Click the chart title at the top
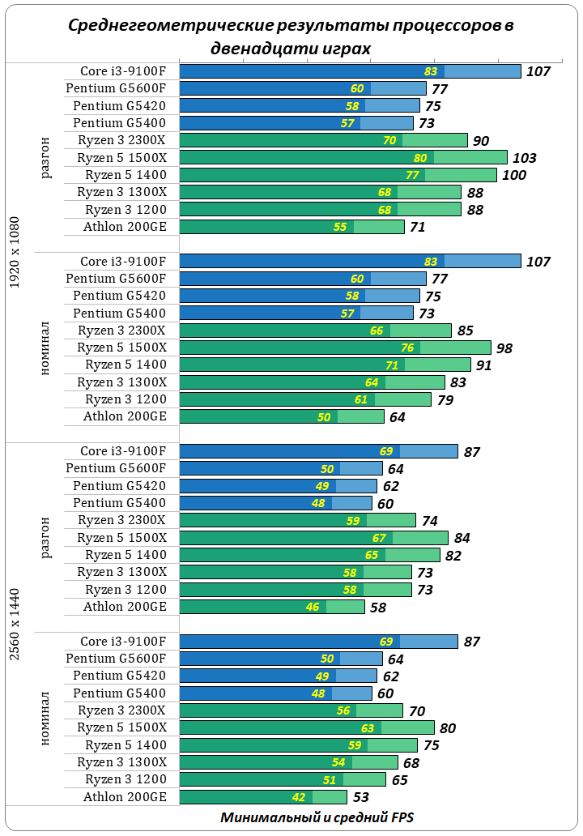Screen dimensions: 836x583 tap(291, 36)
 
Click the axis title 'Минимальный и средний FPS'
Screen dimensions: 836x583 tap(317, 817)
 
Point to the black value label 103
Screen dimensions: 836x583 tap(525, 158)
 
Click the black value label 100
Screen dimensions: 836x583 tap(514, 175)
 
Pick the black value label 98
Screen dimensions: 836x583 tap(505, 348)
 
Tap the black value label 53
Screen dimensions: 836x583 tap(361, 798)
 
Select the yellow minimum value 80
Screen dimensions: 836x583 tap(420, 158)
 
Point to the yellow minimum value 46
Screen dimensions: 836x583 tap(313, 608)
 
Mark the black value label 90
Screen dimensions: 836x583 tap(481, 141)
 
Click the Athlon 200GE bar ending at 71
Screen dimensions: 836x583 tap(291, 227)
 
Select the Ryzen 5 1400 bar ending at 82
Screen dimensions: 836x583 tap(309, 555)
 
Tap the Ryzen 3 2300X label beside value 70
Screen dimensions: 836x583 tap(121, 710)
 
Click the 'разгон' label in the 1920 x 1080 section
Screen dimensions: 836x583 tap(46, 158)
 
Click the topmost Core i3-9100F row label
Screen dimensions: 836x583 tap(123, 71)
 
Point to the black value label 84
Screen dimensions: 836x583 tap(462, 538)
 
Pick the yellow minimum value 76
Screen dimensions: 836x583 tap(407, 348)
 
